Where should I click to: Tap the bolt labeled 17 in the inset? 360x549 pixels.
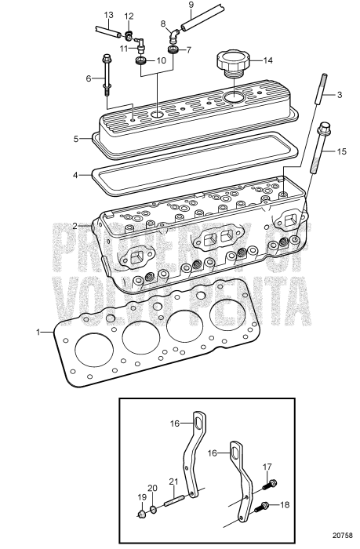271,483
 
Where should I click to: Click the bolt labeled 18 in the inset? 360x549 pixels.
264,506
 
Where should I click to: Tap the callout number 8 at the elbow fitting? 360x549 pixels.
163,24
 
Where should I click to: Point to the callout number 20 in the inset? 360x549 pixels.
153,488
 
